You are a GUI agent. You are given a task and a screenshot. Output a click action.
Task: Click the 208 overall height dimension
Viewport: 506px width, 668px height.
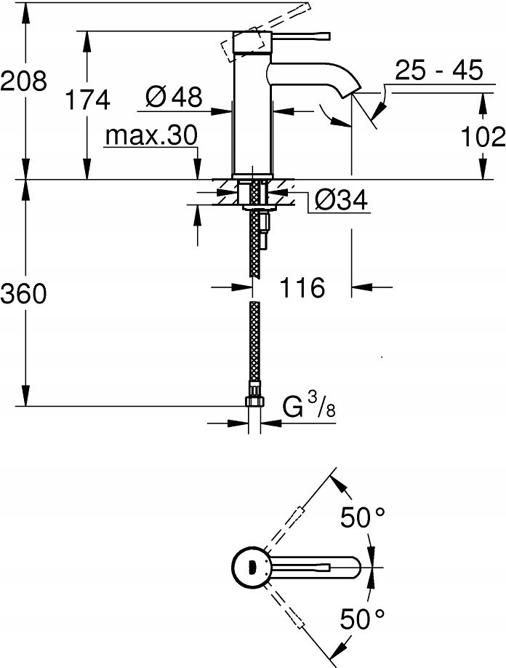[x=23, y=81]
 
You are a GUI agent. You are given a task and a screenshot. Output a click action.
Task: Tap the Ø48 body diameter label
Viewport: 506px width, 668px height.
[x=174, y=96]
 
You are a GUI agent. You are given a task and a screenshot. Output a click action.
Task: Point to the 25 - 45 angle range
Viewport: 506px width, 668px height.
[x=439, y=71]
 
